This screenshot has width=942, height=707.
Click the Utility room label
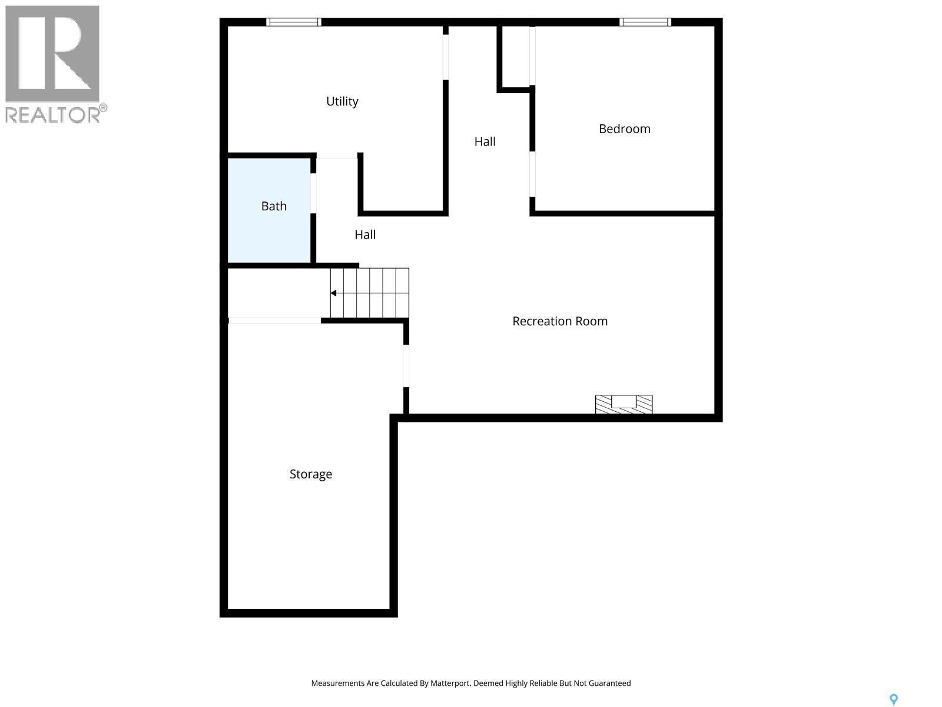(x=342, y=101)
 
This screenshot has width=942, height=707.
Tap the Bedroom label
(x=624, y=129)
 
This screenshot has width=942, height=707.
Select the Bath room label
(x=274, y=206)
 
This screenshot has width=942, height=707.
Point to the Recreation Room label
(x=559, y=321)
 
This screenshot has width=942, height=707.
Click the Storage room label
(x=310, y=474)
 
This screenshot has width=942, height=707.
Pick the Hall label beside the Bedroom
(x=485, y=141)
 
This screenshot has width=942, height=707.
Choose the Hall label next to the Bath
(x=365, y=234)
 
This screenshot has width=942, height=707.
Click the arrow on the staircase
(x=333, y=293)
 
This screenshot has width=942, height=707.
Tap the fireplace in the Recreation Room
(x=623, y=404)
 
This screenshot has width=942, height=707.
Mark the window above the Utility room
(x=293, y=22)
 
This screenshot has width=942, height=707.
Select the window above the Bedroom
(x=645, y=22)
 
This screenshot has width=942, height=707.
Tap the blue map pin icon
(x=893, y=699)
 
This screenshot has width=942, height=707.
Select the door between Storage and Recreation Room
(x=406, y=365)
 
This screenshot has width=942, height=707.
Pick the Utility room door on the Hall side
(x=446, y=57)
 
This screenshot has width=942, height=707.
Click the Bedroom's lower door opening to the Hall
(x=532, y=174)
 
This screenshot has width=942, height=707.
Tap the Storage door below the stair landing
(x=274, y=321)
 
